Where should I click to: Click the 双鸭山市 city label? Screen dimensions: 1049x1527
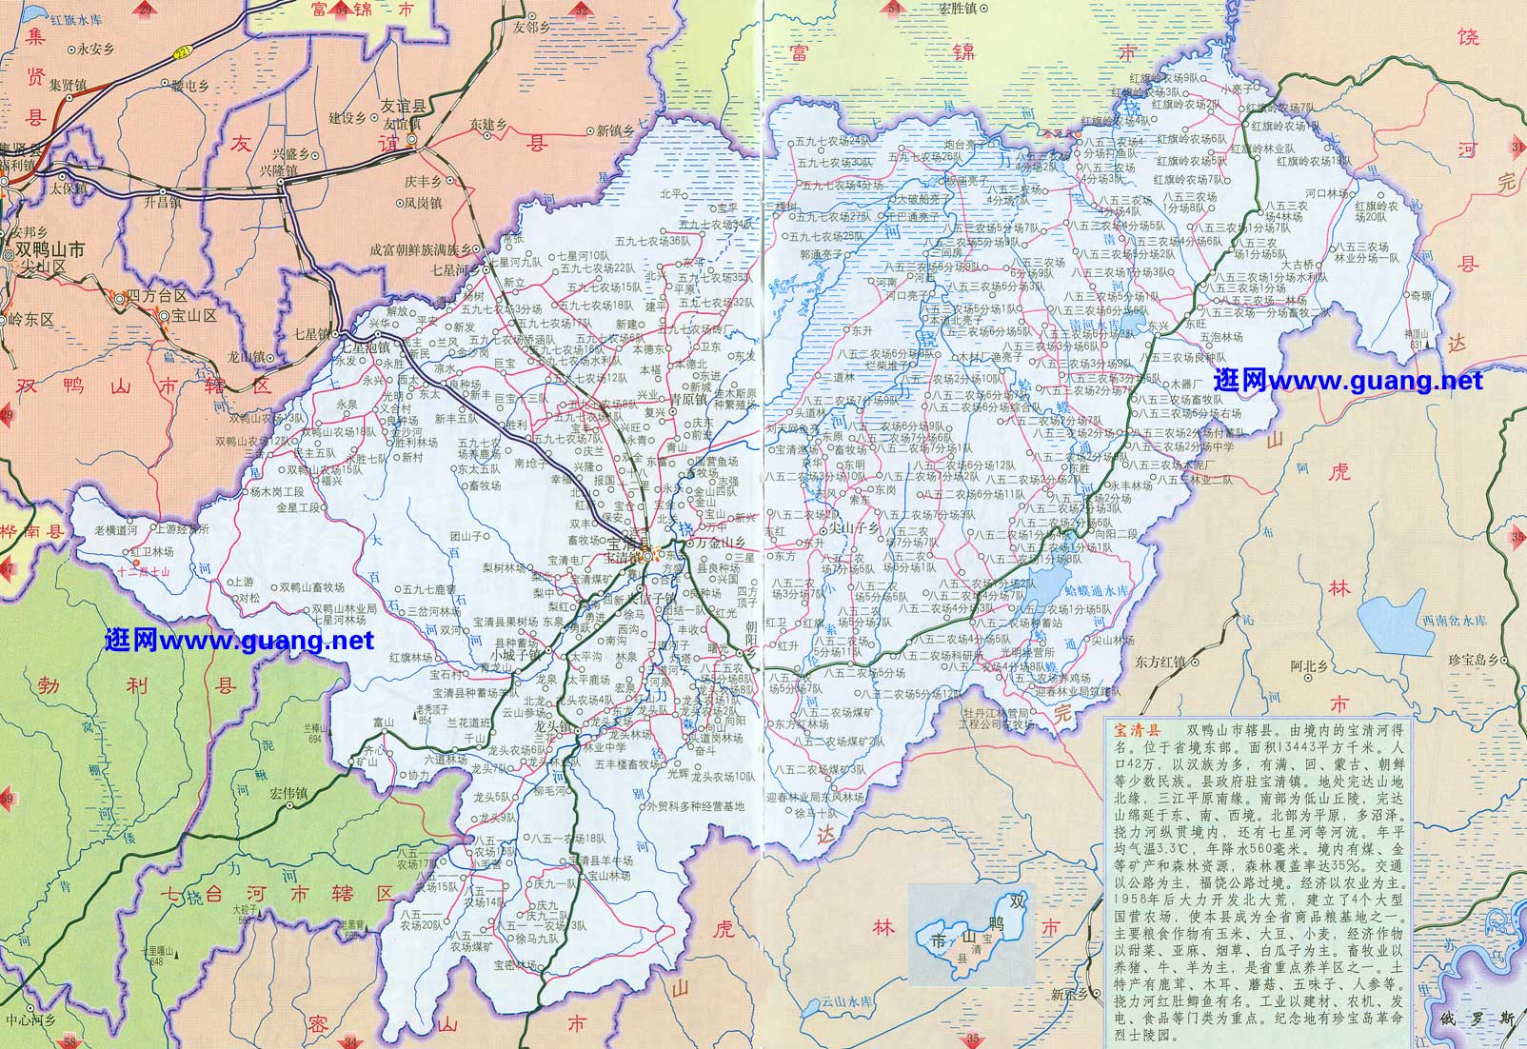pyautogui.click(x=50, y=248)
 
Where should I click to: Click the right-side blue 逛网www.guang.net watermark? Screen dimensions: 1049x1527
pyautogui.click(x=1348, y=381)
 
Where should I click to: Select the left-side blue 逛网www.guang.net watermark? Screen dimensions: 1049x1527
pyautogui.click(x=240, y=641)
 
